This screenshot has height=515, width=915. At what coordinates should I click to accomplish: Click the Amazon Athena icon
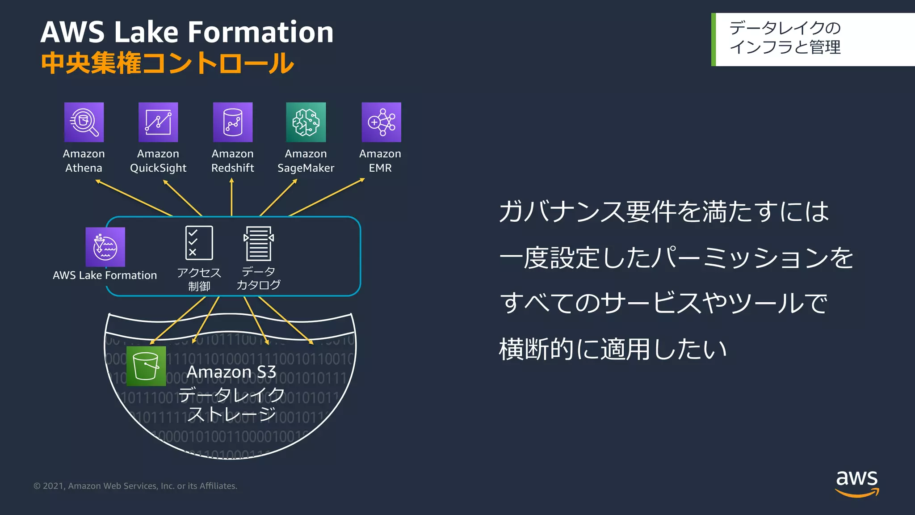84,122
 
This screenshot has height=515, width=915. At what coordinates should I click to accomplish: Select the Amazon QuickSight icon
158,122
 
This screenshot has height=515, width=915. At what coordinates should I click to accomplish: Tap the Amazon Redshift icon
233,122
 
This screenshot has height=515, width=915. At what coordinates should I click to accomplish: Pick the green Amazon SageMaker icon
306,122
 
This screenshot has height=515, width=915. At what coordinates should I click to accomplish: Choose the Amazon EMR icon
381,122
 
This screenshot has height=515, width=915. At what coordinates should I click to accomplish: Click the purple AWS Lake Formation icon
105,247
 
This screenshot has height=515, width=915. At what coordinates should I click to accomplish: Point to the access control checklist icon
199,243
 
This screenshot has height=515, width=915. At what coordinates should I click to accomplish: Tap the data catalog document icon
259,243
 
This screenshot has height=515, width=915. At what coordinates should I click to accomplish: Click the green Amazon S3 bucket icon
146,366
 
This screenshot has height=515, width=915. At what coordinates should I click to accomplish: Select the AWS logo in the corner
857,483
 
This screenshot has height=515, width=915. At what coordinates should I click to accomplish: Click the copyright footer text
135,486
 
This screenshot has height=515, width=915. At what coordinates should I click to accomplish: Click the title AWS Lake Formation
187,32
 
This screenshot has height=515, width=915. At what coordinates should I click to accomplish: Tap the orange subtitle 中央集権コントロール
168,63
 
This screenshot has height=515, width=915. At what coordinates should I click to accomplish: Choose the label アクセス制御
199,279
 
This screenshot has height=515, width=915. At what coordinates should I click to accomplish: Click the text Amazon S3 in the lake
231,372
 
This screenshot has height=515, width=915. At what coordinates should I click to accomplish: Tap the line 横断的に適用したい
613,349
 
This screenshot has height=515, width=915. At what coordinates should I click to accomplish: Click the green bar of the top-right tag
714,39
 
